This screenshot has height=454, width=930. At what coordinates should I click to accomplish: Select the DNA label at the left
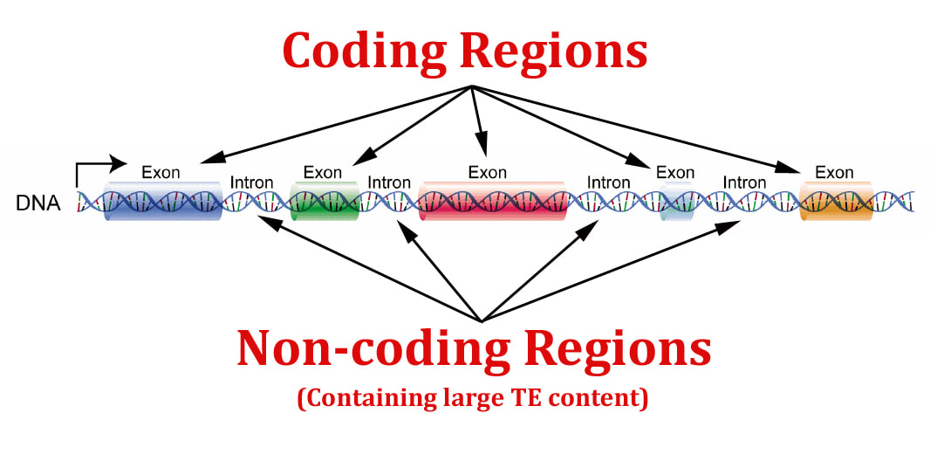pyautogui.click(x=38, y=203)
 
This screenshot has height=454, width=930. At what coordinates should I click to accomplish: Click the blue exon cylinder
pyautogui.click(x=164, y=201)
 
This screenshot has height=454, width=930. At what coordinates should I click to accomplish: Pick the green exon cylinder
pyautogui.click(x=324, y=201)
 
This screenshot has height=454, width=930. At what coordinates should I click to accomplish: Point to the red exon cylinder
pyautogui.click(x=492, y=201)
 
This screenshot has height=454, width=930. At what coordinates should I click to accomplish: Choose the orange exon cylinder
pyautogui.click(x=836, y=201)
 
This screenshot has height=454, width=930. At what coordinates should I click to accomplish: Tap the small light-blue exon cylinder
pyautogui.click(x=677, y=201)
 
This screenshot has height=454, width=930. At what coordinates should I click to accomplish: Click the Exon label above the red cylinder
pyautogui.click(x=488, y=173)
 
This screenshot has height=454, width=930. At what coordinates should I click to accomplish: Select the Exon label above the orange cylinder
pyautogui.click(x=834, y=173)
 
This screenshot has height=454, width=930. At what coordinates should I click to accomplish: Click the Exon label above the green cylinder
pyautogui.click(x=323, y=173)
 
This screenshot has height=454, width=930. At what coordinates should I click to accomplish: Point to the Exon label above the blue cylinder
pyautogui.click(x=161, y=173)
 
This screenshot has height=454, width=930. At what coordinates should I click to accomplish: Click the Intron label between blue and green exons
pyautogui.click(x=251, y=182)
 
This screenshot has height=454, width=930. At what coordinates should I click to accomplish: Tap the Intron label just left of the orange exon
pyautogui.click(x=744, y=182)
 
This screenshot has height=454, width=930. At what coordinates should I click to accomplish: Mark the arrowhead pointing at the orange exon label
pyautogui.click(x=790, y=168)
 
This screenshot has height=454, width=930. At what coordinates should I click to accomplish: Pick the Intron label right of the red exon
pyautogui.click(x=609, y=182)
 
